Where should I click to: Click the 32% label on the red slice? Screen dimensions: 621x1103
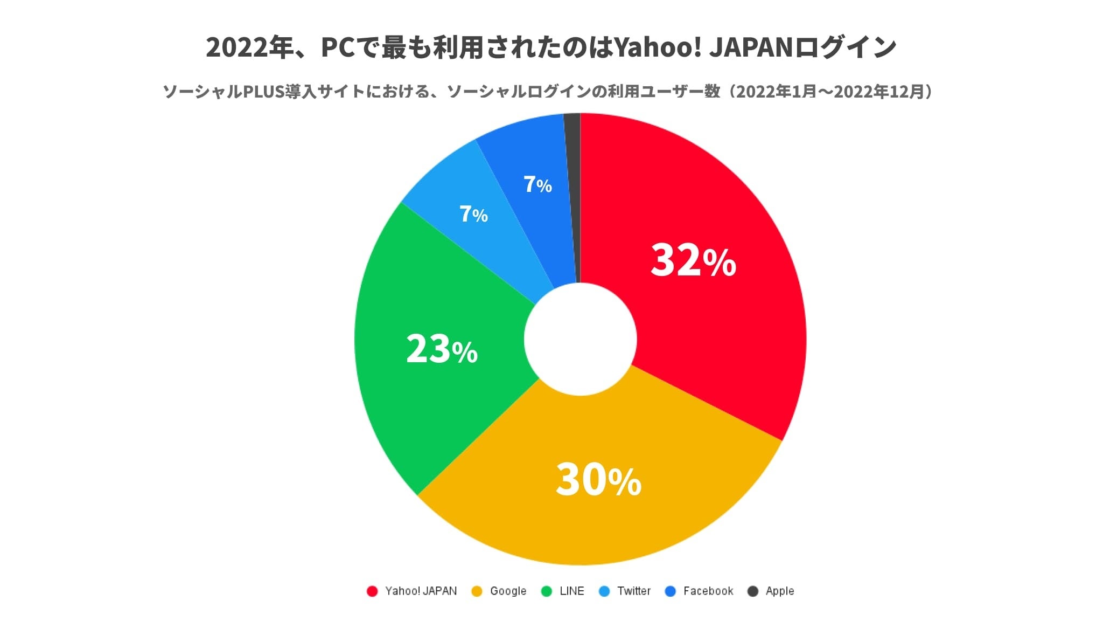[x=693, y=260]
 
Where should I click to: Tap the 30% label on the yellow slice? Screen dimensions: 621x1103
[x=598, y=479]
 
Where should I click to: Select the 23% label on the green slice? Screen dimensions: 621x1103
[x=442, y=349]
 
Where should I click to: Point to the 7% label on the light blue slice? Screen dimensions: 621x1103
[x=473, y=214]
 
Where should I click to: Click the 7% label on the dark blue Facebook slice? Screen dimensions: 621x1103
[x=537, y=184]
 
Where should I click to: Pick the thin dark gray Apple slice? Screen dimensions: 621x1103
[x=573, y=178]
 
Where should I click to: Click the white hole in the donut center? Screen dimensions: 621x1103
[x=581, y=339]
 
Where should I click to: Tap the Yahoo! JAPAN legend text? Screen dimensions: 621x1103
[x=421, y=591]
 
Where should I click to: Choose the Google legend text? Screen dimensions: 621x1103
[x=508, y=591]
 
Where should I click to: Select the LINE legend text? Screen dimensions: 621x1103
[x=571, y=591]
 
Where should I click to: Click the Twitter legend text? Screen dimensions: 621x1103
[x=634, y=591]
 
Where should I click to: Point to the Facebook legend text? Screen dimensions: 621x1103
[x=708, y=591]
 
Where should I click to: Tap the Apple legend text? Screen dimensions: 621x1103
[x=779, y=591]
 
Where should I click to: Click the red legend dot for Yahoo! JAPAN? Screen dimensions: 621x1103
[x=372, y=591]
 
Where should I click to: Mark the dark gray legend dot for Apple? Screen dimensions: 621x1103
[x=753, y=591]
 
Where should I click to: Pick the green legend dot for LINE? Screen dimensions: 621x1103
[x=547, y=591]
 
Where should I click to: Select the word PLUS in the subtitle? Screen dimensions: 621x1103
[x=263, y=92]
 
